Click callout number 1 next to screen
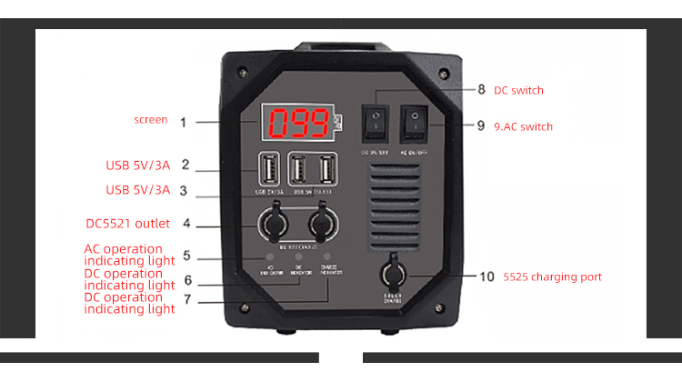pos(183,121)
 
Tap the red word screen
pos(150,120)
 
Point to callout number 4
pos(186,223)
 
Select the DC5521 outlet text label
pos(127,223)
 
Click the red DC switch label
pos(518,91)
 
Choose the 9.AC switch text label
pos(523,126)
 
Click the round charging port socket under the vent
pos(394,273)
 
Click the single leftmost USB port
pos(270,170)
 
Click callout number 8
pos(481,90)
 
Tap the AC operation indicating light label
pos(129,255)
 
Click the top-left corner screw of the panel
pos(243,72)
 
